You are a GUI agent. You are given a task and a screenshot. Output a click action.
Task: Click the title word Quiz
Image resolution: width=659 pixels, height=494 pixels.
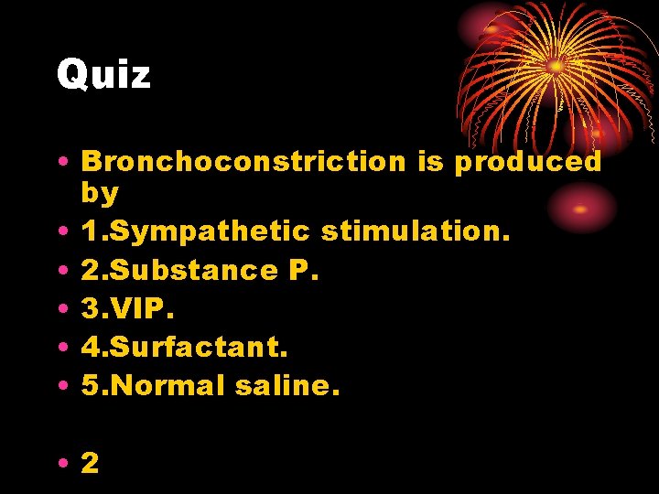pos(103,74)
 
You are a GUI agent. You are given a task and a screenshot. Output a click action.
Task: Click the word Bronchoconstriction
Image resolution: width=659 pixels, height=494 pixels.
pos(243,161)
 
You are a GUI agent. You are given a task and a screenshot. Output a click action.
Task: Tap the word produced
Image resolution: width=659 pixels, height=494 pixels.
pos(528,163)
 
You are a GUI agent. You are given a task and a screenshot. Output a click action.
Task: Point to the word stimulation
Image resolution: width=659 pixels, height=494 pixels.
pos(415,231)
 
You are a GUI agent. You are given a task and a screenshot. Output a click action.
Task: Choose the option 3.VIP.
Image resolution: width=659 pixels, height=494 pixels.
pos(125,308)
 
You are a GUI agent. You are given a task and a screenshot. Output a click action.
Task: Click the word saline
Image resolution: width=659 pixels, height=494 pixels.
pos(286,385)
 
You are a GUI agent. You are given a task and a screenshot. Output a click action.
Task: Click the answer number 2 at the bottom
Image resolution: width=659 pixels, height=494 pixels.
pos(90,462)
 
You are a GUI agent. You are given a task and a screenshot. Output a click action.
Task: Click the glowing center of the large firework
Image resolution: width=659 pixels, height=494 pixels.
pos(556,66)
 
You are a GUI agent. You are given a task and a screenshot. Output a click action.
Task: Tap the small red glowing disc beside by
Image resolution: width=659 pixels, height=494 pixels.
pos(580,208)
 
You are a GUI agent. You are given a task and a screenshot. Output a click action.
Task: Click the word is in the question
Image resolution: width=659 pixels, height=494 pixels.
pos(429,161)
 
